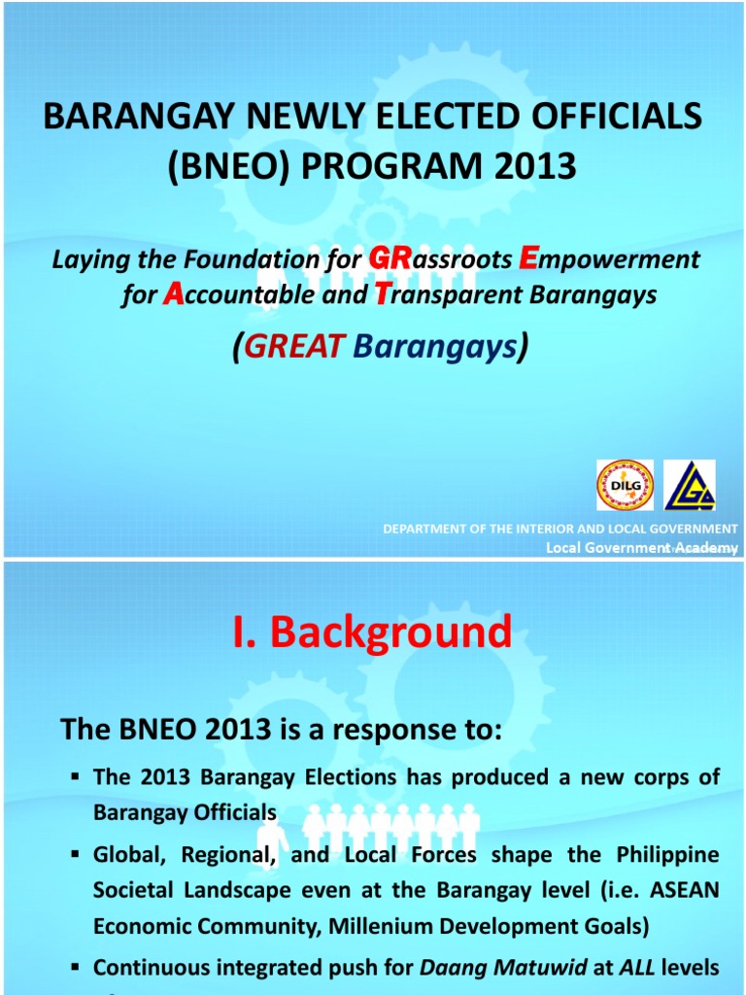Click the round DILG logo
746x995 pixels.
[x=625, y=485]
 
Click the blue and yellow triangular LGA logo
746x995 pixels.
[x=690, y=485]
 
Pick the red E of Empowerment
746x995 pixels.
[x=528, y=258]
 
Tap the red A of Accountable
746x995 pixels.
[x=173, y=295]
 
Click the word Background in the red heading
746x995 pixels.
[x=390, y=633]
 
